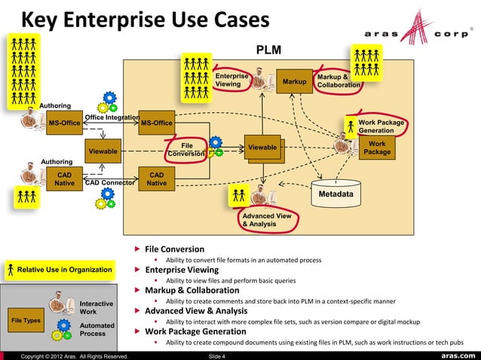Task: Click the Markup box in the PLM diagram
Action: pyautogui.click(x=294, y=81)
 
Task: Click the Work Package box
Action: pyautogui.click(x=377, y=148)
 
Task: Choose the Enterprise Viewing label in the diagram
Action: pyautogui.click(x=232, y=81)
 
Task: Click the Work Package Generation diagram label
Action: pyautogui.click(x=382, y=127)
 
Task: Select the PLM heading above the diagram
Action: pyautogui.click(x=268, y=50)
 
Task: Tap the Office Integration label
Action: pyautogui.click(x=112, y=117)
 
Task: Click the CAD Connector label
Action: pyautogui.click(x=109, y=182)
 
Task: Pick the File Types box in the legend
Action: pyautogui.click(x=26, y=320)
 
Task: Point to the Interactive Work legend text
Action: pyautogui.click(x=97, y=307)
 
